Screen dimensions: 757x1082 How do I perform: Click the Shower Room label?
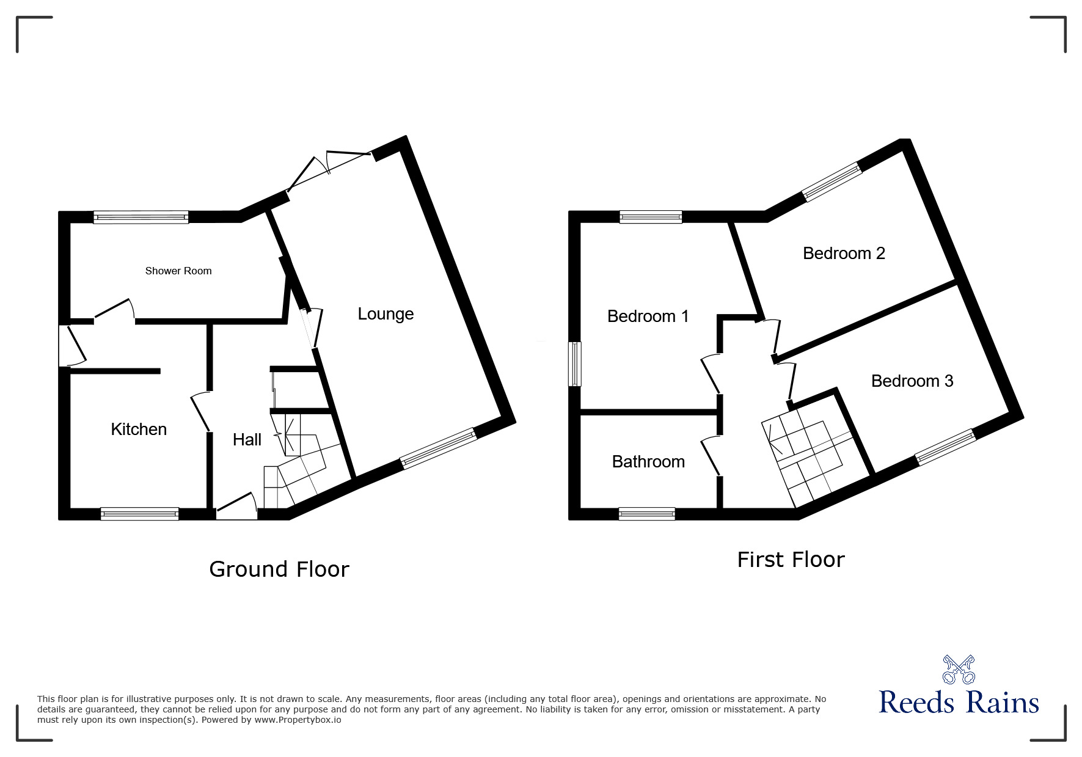[178, 271]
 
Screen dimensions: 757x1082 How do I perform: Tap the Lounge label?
[386, 314]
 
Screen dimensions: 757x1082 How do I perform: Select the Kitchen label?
[139, 429]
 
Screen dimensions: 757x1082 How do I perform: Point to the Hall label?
[247, 439]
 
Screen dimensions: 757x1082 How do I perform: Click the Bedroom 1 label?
[648, 316]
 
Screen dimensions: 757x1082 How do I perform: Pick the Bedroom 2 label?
[844, 253]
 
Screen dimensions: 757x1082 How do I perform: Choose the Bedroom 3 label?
[912, 381]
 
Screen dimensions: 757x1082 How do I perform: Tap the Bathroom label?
[648, 461]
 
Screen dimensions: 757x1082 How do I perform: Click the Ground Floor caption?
[279, 569]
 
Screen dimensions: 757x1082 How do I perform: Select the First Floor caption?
[791, 560]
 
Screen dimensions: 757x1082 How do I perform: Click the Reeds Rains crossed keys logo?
[959, 670]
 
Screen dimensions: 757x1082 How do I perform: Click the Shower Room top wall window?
[141, 217]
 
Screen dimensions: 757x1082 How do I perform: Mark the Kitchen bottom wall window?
[139, 514]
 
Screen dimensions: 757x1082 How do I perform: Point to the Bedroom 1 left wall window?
[575, 364]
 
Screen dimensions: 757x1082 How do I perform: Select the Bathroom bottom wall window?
[646, 514]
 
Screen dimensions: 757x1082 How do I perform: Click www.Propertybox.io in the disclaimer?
[298, 720]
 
